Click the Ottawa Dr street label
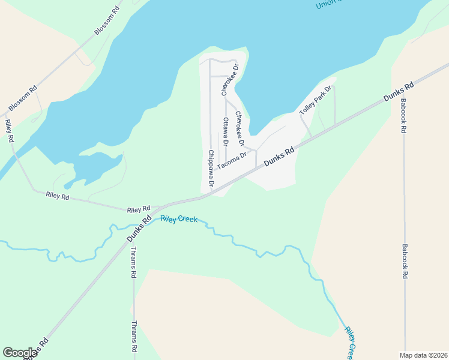point(226,132)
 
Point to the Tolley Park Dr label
point(315,100)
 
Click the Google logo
point(20,353)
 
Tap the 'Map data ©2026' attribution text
point(424,355)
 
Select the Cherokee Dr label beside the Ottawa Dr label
point(240,128)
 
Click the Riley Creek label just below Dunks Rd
point(179,220)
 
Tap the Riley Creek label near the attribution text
point(351,342)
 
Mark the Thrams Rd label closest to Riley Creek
point(134,263)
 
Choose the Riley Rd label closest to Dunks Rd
point(138,209)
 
